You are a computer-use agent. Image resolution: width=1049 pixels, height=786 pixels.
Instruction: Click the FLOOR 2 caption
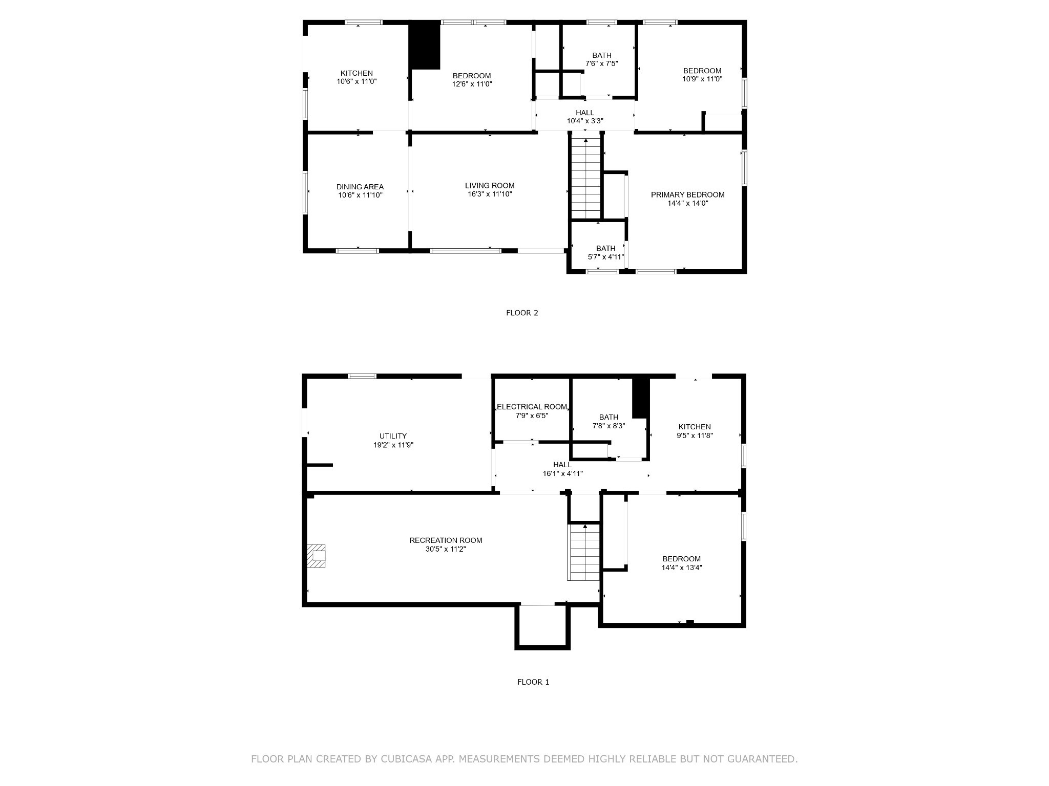pos(522,313)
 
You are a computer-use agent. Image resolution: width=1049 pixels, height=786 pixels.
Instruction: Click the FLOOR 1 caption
pos(533,682)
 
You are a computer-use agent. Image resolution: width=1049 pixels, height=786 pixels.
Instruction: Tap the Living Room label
pos(490,186)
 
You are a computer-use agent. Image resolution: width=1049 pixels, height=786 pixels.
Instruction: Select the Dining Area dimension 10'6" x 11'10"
pos(360,195)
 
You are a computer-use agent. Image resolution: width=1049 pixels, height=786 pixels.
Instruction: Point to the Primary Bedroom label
pos(687,195)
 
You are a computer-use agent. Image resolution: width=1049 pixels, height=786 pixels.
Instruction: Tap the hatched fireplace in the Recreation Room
pos(317,556)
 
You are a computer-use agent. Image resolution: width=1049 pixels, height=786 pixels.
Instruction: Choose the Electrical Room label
pos(532,407)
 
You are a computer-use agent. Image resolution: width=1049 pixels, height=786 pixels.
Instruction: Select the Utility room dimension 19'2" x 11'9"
pos(393,445)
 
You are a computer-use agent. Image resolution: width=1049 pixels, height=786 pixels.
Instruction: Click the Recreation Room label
pos(446,540)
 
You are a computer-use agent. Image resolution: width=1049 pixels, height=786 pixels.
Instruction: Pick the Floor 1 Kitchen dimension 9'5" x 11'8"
pos(695,435)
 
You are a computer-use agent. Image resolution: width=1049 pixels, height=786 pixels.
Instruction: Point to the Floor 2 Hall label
pos(585,113)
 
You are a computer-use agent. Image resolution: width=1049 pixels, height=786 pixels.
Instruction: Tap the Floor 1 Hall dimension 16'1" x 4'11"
pos(563,473)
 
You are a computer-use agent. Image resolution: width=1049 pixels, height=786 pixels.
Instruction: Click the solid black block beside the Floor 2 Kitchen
pos(425,45)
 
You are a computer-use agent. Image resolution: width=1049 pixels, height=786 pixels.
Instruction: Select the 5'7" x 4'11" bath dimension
pos(606,257)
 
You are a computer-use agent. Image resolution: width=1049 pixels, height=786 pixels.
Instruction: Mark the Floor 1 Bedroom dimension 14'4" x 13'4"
pos(682,567)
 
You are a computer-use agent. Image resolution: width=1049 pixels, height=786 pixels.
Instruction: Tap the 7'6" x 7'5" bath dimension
pos(602,64)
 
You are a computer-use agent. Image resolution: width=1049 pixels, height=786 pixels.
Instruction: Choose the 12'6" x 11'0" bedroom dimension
pos(472,84)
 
